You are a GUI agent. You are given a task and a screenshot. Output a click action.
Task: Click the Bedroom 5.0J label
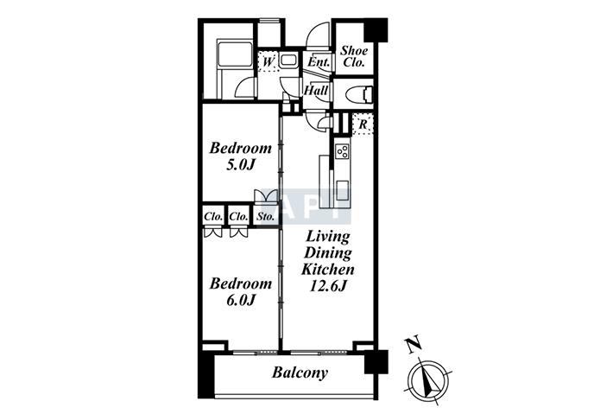(240, 156)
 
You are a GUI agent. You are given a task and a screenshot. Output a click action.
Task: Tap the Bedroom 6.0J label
(240, 291)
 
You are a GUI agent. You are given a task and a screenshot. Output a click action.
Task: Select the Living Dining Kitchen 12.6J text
(327, 261)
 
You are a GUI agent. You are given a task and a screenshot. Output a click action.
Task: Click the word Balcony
(300, 373)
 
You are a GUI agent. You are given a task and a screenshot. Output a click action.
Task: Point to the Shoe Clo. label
(354, 56)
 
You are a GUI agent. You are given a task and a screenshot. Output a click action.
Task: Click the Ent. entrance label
(319, 62)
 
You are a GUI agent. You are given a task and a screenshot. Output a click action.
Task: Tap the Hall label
(316, 91)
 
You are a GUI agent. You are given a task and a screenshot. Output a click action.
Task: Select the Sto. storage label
(265, 216)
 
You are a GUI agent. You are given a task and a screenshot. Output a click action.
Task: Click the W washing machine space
(269, 62)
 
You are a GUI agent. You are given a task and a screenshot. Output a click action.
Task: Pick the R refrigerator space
(363, 124)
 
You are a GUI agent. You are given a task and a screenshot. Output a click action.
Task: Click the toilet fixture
(357, 95)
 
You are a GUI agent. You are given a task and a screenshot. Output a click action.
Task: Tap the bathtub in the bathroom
(235, 54)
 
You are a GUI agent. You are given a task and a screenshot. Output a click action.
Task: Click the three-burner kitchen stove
(342, 151)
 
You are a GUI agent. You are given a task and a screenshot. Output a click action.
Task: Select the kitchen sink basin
(342, 190)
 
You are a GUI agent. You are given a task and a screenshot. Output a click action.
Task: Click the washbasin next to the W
(288, 61)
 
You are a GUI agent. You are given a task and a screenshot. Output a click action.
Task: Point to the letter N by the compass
(413, 344)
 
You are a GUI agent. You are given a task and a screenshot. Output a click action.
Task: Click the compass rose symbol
(427, 379)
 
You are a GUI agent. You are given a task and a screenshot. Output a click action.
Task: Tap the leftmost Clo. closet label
(213, 216)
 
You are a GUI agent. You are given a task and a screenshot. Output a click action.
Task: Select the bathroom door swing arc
(244, 87)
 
